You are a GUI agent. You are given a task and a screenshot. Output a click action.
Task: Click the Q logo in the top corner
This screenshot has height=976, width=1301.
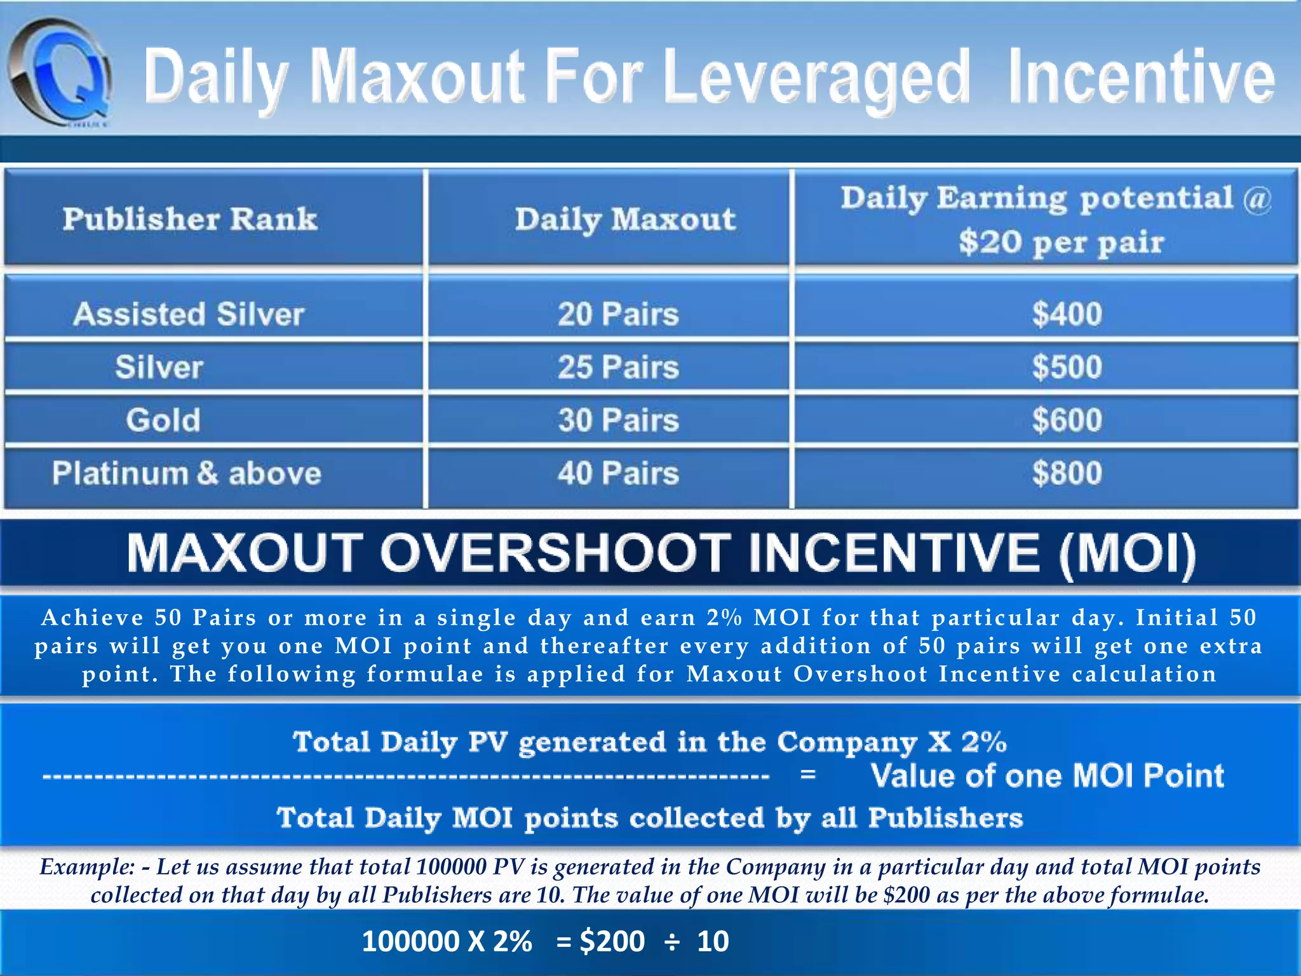(x=60, y=73)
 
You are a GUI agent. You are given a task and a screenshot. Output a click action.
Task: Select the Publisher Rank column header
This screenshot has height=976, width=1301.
(x=190, y=219)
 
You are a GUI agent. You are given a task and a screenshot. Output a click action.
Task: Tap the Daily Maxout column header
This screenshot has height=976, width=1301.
(x=625, y=219)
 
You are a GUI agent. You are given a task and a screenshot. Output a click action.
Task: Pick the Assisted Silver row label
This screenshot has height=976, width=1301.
(x=189, y=314)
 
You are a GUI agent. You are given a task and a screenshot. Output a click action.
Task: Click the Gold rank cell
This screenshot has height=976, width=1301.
(x=163, y=420)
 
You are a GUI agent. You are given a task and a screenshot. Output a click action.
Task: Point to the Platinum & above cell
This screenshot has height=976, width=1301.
(x=187, y=473)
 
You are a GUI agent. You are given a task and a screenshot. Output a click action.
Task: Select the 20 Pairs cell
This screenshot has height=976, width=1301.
(x=618, y=314)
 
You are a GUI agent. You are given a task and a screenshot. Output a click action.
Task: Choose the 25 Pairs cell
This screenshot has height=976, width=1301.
(x=618, y=367)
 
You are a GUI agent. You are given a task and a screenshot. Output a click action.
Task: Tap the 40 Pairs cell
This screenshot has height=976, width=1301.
(x=618, y=473)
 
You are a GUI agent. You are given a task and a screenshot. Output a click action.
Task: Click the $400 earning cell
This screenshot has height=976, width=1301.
(x=1067, y=314)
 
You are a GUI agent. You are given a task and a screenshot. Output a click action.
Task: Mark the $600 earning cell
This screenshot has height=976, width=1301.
(x=1067, y=420)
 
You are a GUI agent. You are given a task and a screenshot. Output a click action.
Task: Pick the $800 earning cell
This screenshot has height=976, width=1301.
(x=1067, y=473)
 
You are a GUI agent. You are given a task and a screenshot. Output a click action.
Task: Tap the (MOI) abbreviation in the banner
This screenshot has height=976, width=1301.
(x=1127, y=552)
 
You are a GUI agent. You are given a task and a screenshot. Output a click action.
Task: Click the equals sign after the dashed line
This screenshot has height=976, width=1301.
(x=807, y=775)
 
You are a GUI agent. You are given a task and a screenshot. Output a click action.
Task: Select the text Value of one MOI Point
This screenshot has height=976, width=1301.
(x=1047, y=775)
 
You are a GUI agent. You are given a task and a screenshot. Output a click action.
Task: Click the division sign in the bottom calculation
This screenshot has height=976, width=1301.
(x=671, y=942)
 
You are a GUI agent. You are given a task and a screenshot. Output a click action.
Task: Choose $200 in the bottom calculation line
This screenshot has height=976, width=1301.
(x=612, y=942)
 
